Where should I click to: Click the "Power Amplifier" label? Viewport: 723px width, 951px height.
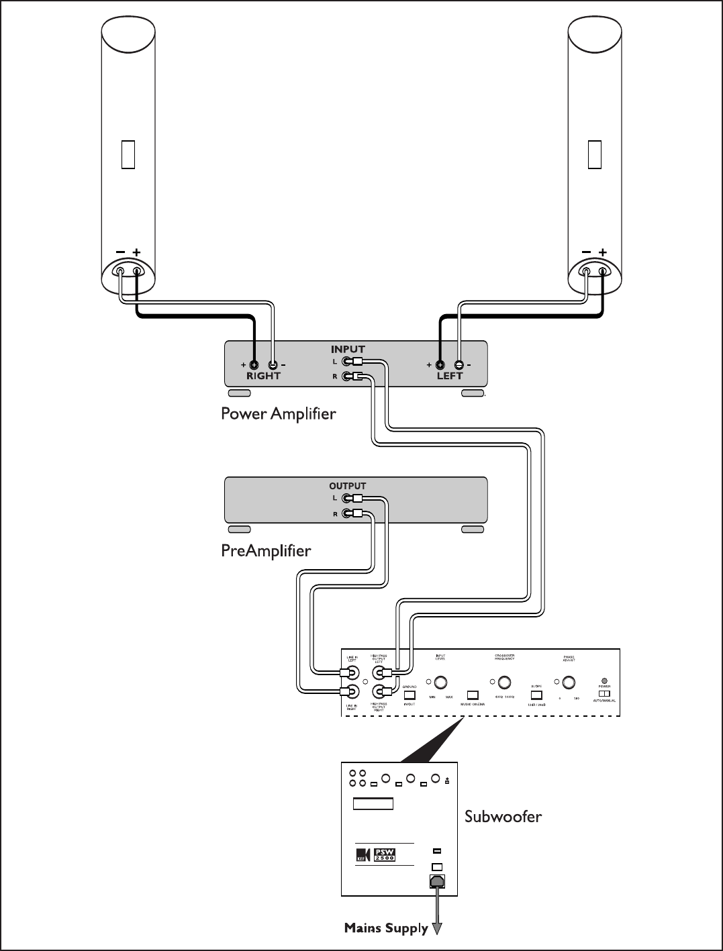pos(278,413)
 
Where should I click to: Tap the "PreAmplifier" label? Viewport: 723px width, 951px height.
pos(266,551)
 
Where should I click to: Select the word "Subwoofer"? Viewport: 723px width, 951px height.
pos(503,817)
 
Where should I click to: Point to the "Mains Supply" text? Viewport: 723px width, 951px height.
pos(386,928)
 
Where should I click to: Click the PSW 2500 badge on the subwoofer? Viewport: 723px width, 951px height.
pos(385,855)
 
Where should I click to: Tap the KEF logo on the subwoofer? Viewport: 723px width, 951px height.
pos(363,856)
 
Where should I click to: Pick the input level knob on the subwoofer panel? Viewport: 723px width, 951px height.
pos(440,683)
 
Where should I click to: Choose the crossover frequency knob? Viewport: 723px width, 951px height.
pos(506,683)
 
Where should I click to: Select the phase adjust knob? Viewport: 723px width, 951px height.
pos(569,683)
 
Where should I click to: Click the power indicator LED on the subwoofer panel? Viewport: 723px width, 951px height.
pos(604,681)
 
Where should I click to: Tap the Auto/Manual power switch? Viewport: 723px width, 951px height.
pos(604,693)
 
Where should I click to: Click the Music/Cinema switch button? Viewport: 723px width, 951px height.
pos(473,695)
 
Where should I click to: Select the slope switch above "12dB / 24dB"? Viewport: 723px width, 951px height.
pos(536,695)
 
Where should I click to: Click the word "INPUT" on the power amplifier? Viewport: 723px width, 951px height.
pos(348,349)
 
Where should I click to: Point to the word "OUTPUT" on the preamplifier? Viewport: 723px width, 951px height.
pos(348,486)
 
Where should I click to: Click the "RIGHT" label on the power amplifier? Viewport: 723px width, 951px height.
pos(263,376)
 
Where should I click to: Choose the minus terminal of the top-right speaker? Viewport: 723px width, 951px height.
pos(586,271)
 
